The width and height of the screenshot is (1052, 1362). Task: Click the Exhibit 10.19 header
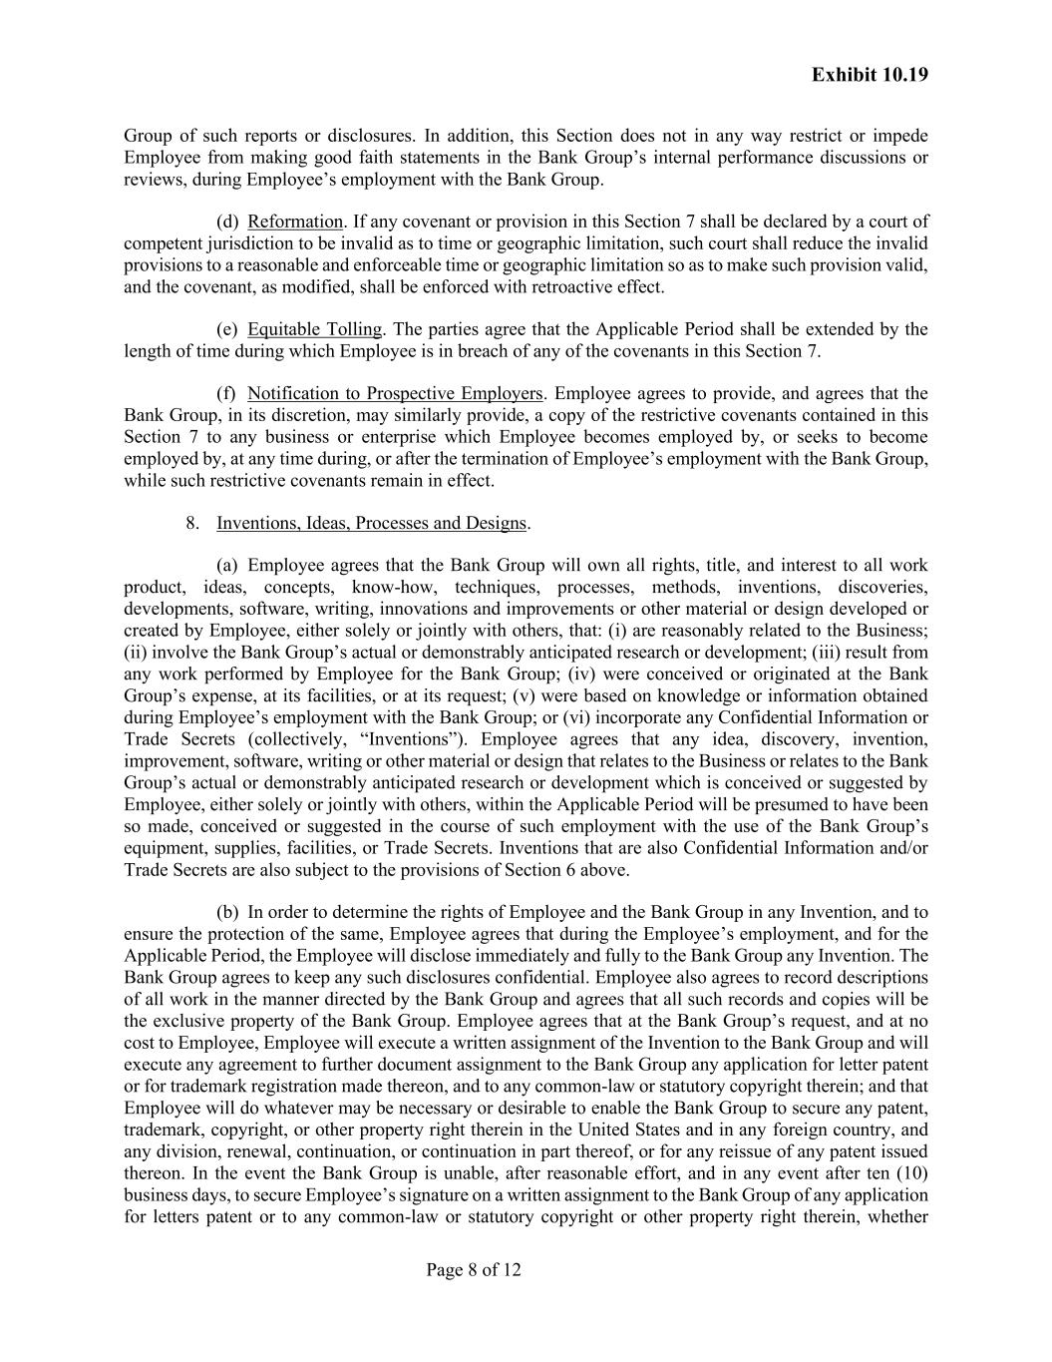point(870,75)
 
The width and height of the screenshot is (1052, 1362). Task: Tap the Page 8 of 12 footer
point(474,1270)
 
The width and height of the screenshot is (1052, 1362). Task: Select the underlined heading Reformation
point(295,222)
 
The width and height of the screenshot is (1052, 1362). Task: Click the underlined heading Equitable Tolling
point(314,329)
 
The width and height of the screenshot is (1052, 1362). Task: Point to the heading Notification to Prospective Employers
point(395,393)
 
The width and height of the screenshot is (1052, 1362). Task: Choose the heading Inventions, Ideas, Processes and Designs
point(371,523)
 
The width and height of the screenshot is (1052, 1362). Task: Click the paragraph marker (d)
point(227,222)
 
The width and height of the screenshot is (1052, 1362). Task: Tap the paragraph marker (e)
point(227,329)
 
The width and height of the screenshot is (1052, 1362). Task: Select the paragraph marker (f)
point(226,393)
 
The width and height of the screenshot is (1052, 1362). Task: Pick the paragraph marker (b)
point(227,912)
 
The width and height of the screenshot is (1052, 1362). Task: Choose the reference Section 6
point(565,869)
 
